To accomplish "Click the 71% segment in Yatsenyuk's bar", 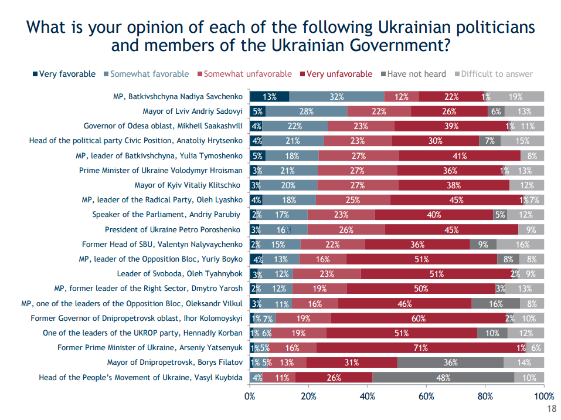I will click(x=420, y=348).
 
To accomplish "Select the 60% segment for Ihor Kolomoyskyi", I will click(x=418, y=319).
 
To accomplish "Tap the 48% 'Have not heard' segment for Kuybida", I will click(x=443, y=377).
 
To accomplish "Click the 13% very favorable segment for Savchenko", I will click(x=270, y=97).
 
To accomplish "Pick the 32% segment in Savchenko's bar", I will click(x=336, y=97).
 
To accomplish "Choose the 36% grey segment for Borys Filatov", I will click(x=450, y=363).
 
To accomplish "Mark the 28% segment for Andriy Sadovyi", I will click(x=306, y=111).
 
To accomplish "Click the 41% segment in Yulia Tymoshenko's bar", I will click(x=460, y=156).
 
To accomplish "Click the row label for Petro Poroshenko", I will click(x=174, y=230).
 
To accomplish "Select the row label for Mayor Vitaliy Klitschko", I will click(x=188, y=185).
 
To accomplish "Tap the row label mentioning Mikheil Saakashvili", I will click(x=163, y=126).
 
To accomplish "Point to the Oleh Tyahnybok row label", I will click(x=179, y=274).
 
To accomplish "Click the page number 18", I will click(x=551, y=409).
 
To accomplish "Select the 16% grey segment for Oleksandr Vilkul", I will click(x=495, y=304).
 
